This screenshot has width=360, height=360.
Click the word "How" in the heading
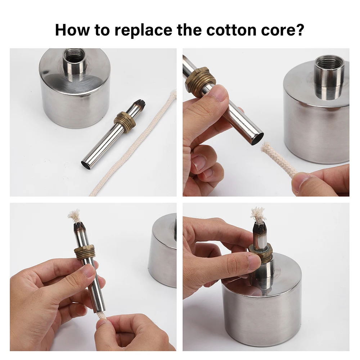[x=72, y=30]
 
